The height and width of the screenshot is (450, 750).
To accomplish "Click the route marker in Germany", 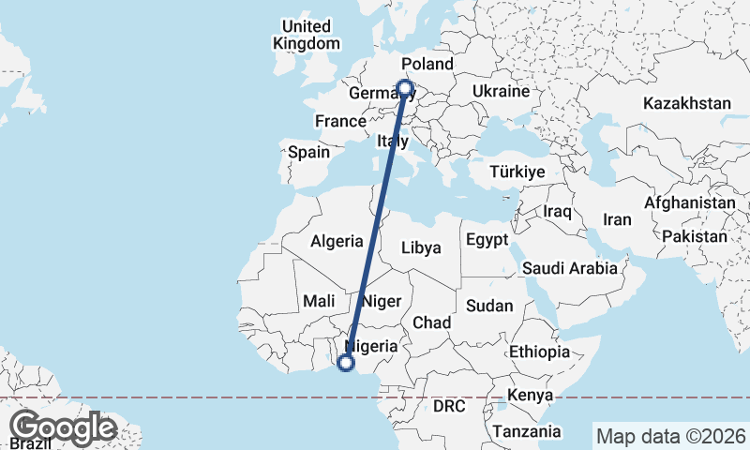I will click(x=405, y=89).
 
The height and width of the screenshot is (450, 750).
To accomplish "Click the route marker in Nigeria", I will click(x=346, y=362).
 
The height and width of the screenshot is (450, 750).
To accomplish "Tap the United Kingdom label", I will click(x=306, y=35).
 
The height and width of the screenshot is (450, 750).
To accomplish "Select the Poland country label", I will click(x=427, y=65).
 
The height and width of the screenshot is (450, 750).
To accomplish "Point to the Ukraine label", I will click(x=502, y=91).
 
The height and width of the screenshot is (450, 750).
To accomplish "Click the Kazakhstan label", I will click(x=687, y=103).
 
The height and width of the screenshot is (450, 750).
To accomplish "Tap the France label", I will click(x=339, y=122).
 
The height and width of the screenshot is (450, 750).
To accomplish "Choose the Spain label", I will click(x=308, y=152).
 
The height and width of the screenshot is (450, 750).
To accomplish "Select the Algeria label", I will click(x=337, y=240).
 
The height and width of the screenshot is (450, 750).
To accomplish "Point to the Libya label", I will click(x=420, y=248).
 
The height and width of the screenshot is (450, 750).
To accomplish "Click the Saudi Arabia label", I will click(x=570, y=268).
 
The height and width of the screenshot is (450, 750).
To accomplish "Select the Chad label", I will click(x=432, y=322).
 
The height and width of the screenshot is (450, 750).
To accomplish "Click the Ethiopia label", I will click(x=540, y=352).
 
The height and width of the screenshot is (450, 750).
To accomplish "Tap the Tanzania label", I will click(x=529, y=432).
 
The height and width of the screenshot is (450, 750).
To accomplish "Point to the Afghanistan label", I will click(x=689, y=202).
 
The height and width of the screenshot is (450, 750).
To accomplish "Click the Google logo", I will click(x=63, y=428).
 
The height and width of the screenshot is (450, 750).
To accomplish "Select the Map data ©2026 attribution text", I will click(x=670, y=436).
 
